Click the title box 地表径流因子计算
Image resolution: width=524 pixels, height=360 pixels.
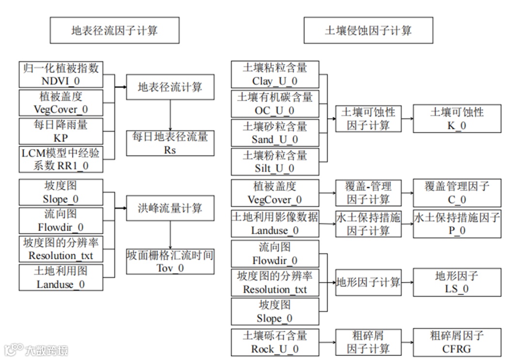[x=115, y=31]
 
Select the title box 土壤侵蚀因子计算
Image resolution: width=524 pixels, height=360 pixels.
[x=368, y=31]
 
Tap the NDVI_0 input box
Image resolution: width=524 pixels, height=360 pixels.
[x=61, y=74]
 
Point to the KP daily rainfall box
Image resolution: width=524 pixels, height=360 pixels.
[x=61, y=131]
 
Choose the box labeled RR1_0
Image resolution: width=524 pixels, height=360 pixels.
[x=61, y=159]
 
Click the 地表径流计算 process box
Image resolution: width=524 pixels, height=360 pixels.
[x=170, y=87]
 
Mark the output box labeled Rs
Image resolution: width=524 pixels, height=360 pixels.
[x=170, y=143]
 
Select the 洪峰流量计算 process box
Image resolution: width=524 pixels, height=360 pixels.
[x=170, y=209]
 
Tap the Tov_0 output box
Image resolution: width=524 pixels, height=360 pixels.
[x=170, y=262]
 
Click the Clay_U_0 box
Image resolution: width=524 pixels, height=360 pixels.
[x=275, y=74]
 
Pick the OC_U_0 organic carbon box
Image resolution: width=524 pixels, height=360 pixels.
[x=275, y=104]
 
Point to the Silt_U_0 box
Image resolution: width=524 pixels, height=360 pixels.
[x=275, y=162]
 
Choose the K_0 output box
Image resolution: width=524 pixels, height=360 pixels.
[x=457, y=119]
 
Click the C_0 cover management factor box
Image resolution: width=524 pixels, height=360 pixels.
[x=457, y=193]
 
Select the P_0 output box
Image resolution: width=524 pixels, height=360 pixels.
[x=457, y=224]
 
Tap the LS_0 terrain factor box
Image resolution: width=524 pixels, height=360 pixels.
[x=457, y=282]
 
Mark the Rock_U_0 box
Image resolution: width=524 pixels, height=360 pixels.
[x=275, y=342]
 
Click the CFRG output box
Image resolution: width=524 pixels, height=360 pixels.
[x=457, y=342]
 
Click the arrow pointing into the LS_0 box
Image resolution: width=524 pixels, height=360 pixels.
[x=407, y=282]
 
